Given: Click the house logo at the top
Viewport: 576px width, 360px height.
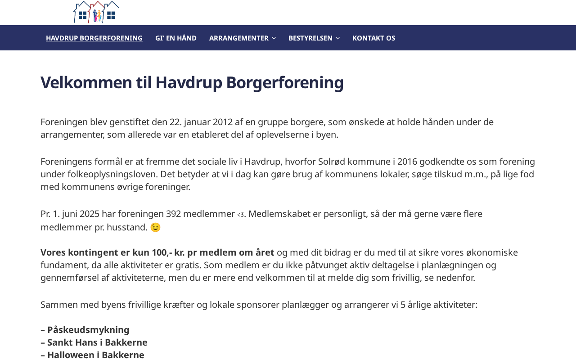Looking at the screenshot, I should (x=96, y=12).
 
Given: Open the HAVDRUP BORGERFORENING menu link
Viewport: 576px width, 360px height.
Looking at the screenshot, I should (x=94, y=38).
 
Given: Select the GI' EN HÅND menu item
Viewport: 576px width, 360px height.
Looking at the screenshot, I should (x=176, y=38).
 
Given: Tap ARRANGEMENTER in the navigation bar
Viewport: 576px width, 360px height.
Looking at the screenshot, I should (x=238, y=38).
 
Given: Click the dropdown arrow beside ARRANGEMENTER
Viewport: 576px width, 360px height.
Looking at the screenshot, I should (x=274, y=38).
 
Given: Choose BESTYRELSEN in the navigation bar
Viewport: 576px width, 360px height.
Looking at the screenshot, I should (x=310, y=38).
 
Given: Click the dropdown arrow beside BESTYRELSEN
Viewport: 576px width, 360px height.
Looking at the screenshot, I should (x=338, y=38).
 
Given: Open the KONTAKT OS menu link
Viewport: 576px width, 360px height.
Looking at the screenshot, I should (x=373, y=38).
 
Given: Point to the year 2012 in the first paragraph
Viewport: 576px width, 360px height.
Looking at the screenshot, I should (x=223, y=122).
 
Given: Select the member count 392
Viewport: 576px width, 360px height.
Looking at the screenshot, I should (x=173, y=214).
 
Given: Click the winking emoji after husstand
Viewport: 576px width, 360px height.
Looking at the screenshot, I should (x=155, y=227).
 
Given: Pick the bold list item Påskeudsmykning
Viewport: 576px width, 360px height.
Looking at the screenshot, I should (x=88, y=330).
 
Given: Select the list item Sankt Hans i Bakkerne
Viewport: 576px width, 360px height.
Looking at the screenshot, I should (x=97, y=342).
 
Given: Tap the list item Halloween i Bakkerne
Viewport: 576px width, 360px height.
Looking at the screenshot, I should (x=96, y=355).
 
